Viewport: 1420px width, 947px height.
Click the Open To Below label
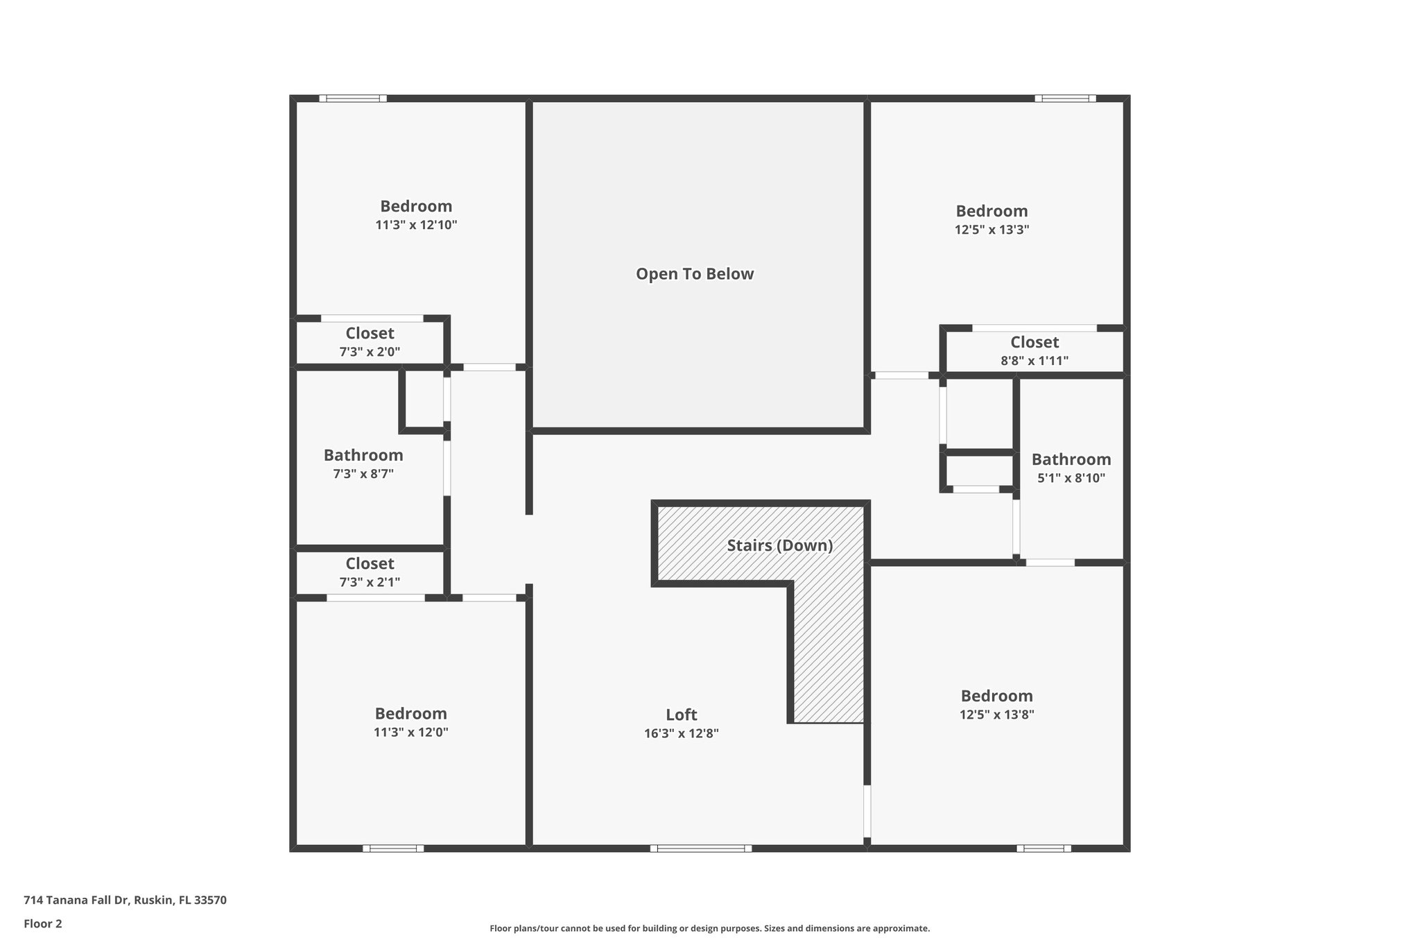coord(695,274)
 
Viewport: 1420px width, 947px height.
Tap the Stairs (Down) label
coord(779,545)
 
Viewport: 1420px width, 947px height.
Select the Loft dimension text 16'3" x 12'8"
coord(681,733)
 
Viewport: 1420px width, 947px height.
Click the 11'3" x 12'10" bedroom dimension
coord(416,225)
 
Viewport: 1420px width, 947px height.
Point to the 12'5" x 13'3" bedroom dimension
coord(992,230)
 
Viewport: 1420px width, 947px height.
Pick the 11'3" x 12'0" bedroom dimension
coord(410,732)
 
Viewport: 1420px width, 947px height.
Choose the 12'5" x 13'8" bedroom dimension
coord(996,715)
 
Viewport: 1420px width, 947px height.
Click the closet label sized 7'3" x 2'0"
coord(370,334)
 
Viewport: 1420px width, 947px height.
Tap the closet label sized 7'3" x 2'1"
coord(370,564)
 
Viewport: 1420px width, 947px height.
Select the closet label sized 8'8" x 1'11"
coord(1034,343)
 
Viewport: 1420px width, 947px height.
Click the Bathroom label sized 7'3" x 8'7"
coord(363,456)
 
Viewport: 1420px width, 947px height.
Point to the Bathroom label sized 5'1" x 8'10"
coord(1071,460)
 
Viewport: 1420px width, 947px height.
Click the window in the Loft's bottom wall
coord(700,848)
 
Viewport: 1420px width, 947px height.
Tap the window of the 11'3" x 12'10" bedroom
coord(353,99)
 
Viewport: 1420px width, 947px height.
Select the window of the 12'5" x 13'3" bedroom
coord(1065,99)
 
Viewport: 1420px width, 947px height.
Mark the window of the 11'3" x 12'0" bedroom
coord(393,848)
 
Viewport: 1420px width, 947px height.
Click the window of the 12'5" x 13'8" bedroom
coord(1044,848)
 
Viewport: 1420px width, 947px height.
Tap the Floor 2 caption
coord(43,923)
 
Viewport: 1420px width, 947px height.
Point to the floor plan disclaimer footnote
coord(709,928)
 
